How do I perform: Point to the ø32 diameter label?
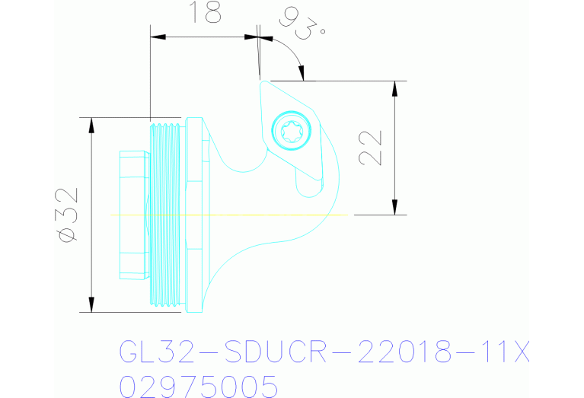[x=68, y=215]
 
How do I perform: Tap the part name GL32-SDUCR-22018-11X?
[x=324, y=353]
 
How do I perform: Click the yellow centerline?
[x=228, y=215]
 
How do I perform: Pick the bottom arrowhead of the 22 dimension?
[x=394, y=206]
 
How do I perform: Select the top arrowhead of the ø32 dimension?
[x=92, y=127]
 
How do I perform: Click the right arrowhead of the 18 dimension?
[x=249, y=36]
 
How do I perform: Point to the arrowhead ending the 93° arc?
[x=304, y=74]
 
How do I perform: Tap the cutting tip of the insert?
[x=262, y=81]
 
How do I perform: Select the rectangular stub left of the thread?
[x=132, y=215]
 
